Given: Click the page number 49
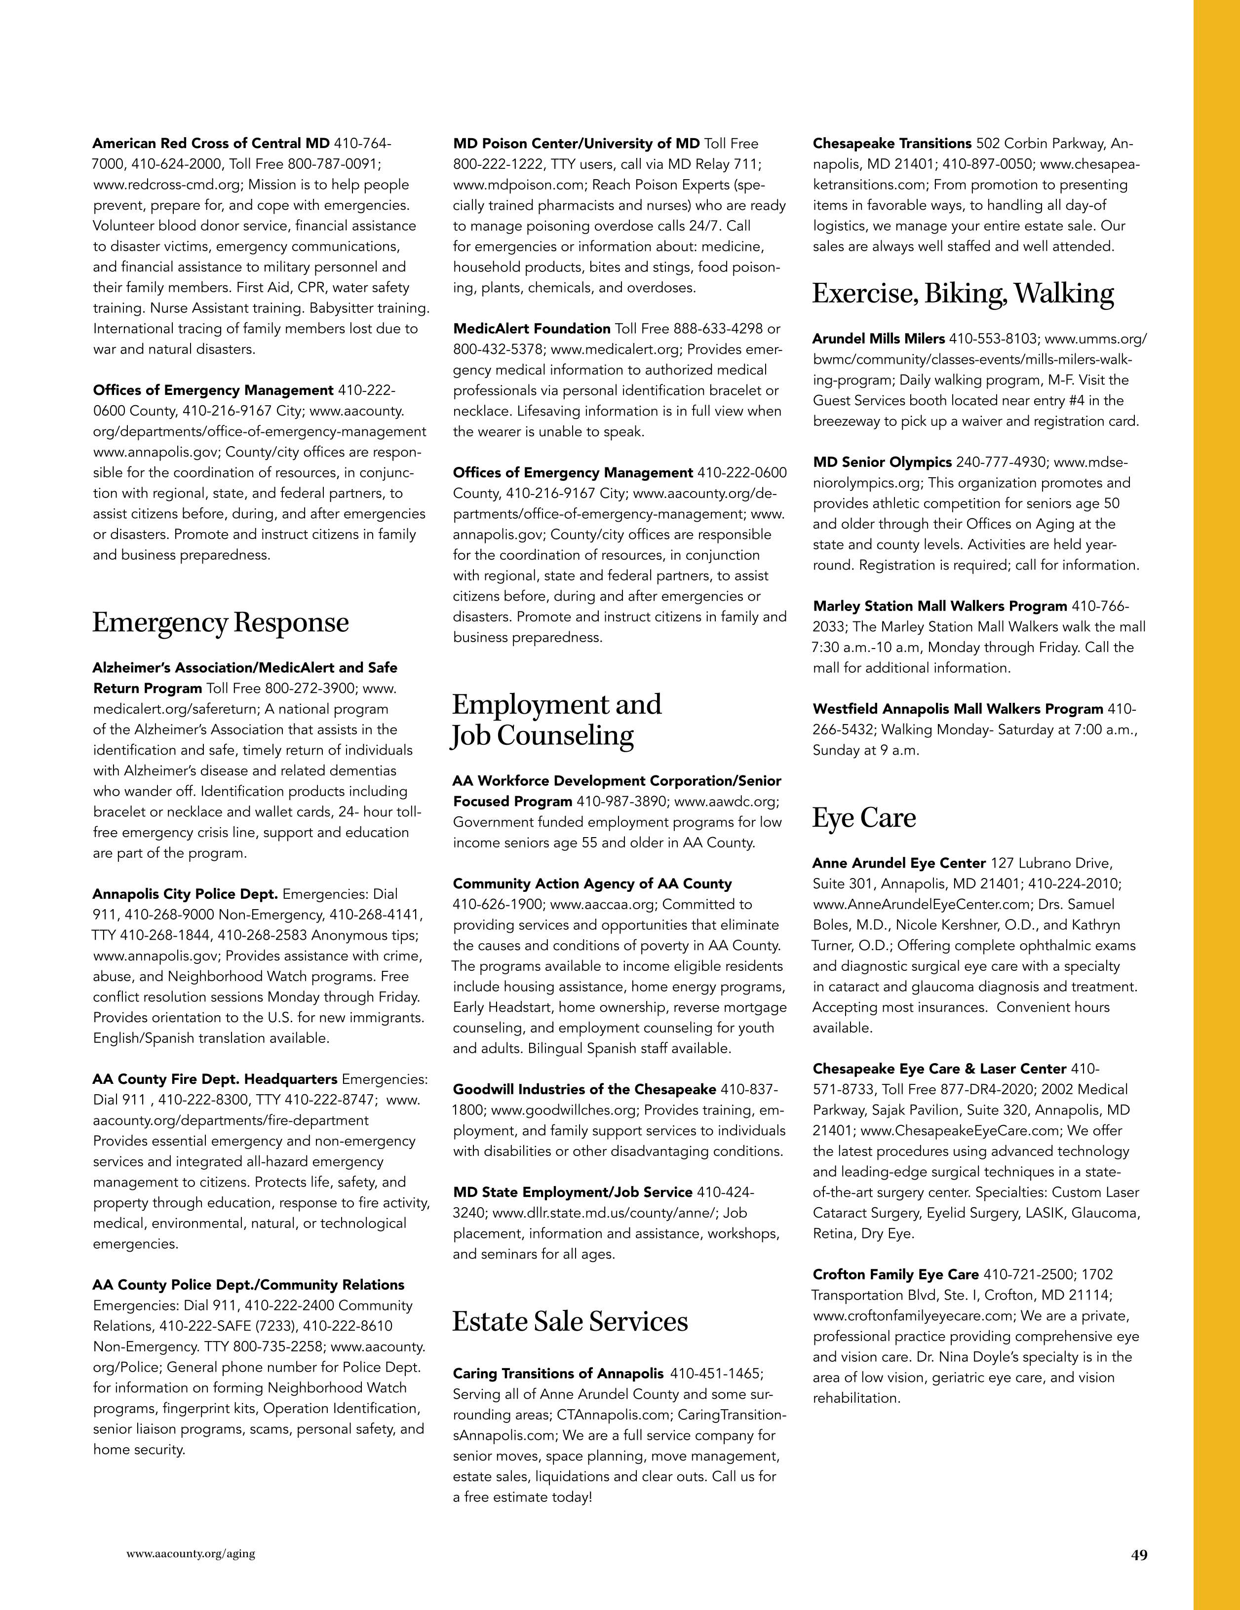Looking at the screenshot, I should (1139, 1555).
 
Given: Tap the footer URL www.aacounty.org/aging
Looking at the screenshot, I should (191, 1553).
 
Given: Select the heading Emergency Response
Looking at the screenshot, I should (221, 622).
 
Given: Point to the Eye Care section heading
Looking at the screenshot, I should (864, 817).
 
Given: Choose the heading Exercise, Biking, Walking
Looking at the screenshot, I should (963, 293).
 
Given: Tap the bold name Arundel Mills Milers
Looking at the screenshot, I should (878, 339).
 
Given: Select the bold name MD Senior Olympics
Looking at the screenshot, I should (882, 462).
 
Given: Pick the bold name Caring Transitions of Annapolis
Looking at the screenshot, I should (558, 1374).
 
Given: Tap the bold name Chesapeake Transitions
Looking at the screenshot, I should (892, 144).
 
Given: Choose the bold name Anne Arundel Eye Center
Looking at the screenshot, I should (899, 863).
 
